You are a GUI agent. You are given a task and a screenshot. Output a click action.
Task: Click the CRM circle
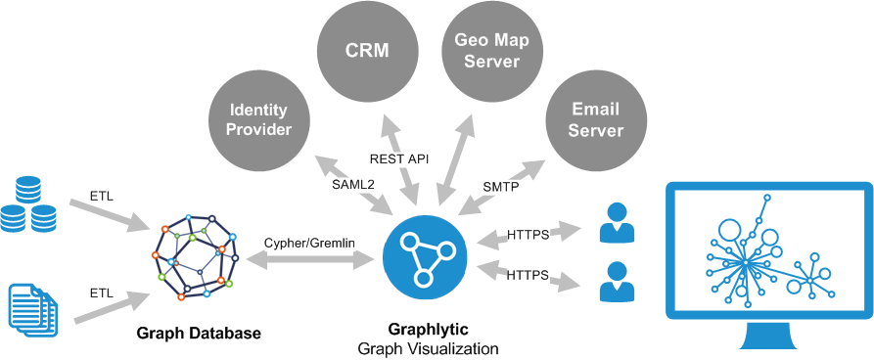(x=366, y=51)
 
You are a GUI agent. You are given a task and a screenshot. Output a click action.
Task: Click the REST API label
(x=399, y=158)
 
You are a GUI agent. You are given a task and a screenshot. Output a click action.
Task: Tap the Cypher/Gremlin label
(x=310, y=243)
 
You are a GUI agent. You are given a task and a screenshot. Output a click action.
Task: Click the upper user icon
(x=616, y=223)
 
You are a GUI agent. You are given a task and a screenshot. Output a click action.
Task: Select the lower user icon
(x=616, y=282)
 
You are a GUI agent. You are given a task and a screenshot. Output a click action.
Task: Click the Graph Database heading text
(x=199, y=334)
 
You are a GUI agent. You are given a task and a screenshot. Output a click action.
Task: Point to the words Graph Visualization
(x=428, y=349)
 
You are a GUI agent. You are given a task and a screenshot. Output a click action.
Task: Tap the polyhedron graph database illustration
(x=195, y=257)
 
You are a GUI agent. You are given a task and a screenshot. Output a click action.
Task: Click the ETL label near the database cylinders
(x=101, y=196)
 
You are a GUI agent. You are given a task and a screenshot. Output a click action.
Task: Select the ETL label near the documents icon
(x=102, y=292)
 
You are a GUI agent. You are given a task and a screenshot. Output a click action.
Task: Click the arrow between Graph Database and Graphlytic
(x=310, y=258)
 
